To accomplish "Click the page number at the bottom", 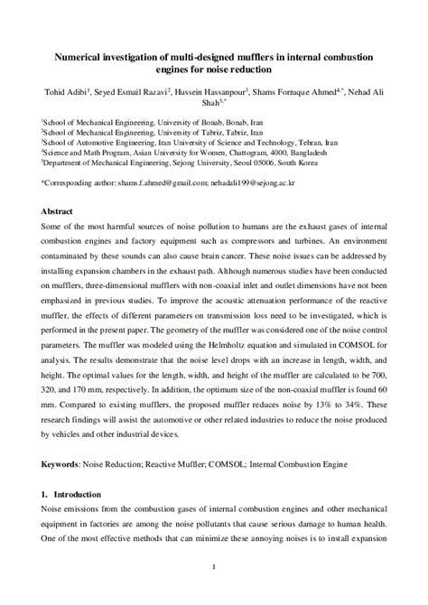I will [x=214, y=566].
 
